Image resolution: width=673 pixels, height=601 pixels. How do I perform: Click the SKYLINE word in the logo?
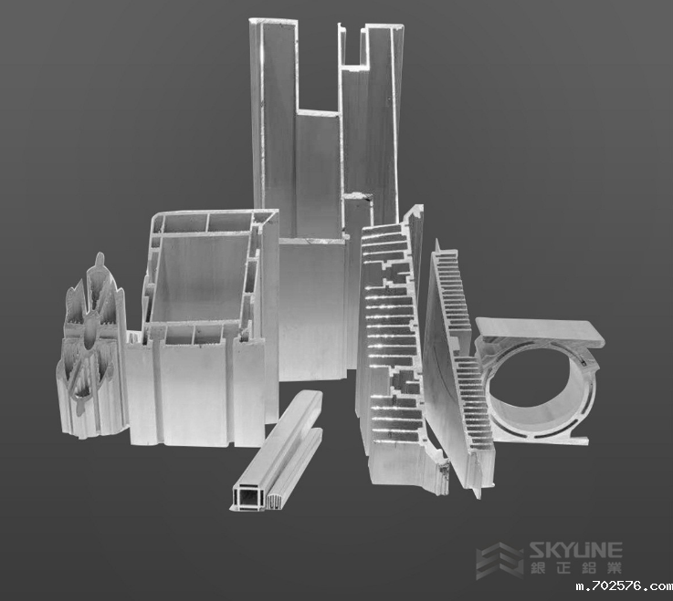point(575,550)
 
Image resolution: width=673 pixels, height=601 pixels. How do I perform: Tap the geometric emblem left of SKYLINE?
point(500,561)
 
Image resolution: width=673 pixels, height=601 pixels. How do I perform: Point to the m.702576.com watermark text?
point(625,586)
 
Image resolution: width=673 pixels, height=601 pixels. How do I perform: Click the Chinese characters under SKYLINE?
point(575,568)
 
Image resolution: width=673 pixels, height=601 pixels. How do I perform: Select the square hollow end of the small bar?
point(248,499)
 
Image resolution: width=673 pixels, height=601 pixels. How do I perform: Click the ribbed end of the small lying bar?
point(273,501)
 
